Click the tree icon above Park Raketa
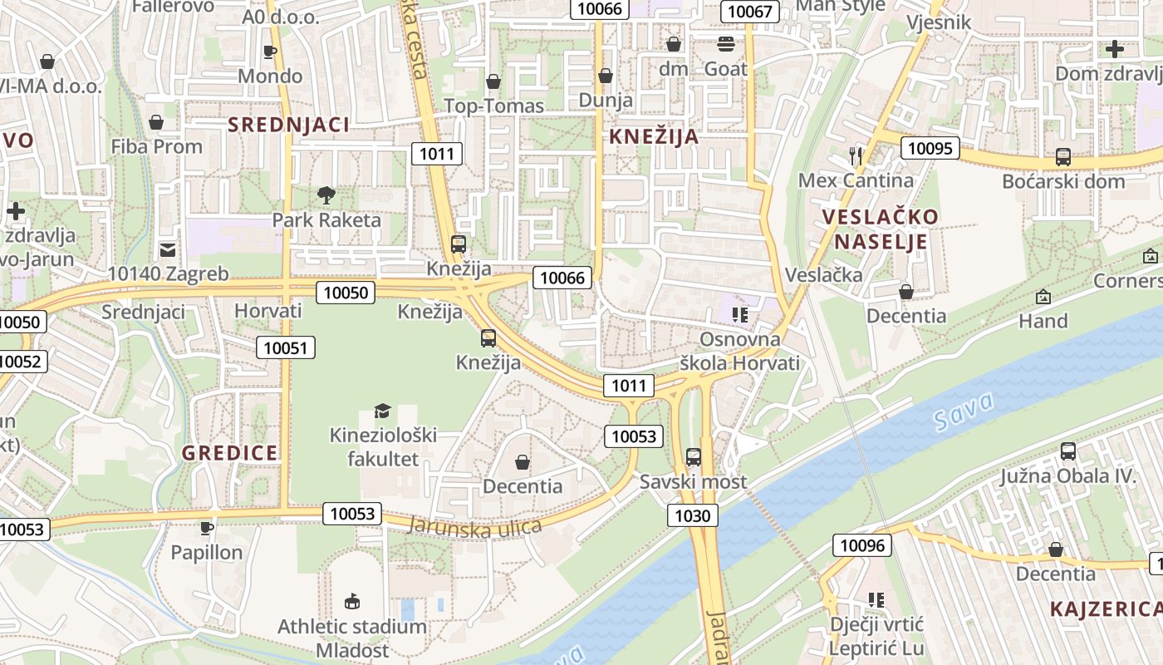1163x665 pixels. (x=326, y=195)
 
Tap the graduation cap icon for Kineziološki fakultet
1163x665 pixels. (x=382, y=411)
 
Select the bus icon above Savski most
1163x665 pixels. (x=694, y=456)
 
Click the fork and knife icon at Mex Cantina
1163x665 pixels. (x=856, y=155)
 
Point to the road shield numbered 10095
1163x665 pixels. (x=930, y=149)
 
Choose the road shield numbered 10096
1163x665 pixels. (x=862, y=545)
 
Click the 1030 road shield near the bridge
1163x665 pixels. (x=692, y=516)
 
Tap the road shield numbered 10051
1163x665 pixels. (x=285, y=347)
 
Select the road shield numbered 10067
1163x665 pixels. (x=749, y=12)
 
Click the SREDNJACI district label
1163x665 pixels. (x=288, y=125)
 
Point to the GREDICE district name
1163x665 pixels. (x=230, y=453)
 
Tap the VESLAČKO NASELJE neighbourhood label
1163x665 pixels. (x=881, y=229)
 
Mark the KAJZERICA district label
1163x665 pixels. (x=1105, y=608)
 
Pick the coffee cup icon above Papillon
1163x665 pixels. (x=207, y=528)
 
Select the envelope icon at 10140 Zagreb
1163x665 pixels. (x=168, y=249)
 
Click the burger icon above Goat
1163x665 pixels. (x=726, y=43)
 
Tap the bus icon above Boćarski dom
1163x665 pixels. (x=1062, y=156)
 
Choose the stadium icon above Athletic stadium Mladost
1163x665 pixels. (x=352, y=601)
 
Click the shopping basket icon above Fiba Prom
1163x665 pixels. (x=156, y=122)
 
